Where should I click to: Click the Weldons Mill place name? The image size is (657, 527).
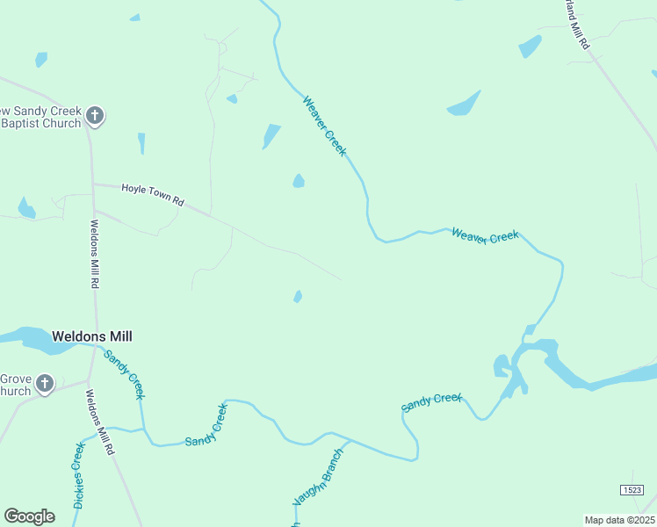coord(92,336)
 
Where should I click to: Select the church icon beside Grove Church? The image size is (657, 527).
coord(44,384)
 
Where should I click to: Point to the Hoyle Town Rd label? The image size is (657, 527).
coord(153,194)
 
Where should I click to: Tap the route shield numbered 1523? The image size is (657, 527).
coord(631,489)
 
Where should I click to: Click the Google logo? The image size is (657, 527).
coord(30,516)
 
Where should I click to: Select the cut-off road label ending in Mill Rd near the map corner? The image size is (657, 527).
coord(576,32)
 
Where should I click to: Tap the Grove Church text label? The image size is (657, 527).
coord(16,385)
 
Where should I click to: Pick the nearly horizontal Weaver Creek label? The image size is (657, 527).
coord(485,235)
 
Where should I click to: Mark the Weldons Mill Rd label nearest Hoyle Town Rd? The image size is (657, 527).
coord(94,254)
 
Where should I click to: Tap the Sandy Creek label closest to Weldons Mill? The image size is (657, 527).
coord(124,373)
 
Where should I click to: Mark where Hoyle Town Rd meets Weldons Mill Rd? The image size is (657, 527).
coord(93,184)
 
